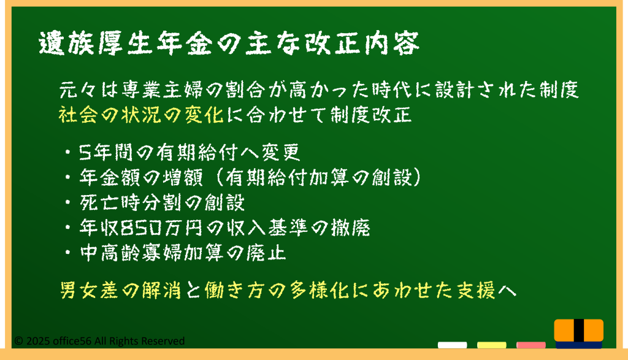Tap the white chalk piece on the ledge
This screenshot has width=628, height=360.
click(x=452, y=345)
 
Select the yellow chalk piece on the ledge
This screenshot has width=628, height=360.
click(x=491, y=345)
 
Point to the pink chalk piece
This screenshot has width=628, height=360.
click(x=530, y=345)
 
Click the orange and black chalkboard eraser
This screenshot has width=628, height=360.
click(x=579, y=333)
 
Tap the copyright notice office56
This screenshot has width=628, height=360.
click(x=99, y=341)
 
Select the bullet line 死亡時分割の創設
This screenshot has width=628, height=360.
click(x=162, y=202)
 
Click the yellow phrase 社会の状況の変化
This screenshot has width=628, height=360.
click(x=141, y=115)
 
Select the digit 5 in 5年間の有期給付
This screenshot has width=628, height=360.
click(x=85, y=153)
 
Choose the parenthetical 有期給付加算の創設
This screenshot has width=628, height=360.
click(x=319, y=177)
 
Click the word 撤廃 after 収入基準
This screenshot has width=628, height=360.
click(x=350, y=228)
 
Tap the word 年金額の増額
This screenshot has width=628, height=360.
click(x=141, y=177)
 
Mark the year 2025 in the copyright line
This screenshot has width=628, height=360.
click(x=38, y=341)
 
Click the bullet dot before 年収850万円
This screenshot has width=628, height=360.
click(x=68, y=228)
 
